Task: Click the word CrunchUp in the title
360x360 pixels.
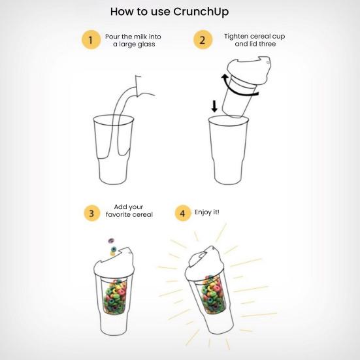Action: tap(201, 12)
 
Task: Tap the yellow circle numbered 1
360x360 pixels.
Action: tap(91, 40)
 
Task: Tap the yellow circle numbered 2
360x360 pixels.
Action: tap(203, 40)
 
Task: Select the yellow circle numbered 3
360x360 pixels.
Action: tap(92, 213)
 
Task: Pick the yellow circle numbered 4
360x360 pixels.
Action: tap(183, 213)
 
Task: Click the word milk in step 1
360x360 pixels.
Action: tap(140, 37)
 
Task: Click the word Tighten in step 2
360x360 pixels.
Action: tap(236, 37)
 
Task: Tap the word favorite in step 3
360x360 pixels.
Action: tap(118, 214)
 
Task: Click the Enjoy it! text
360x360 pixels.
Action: tap(207, 212)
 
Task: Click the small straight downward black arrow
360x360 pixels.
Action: tap(214, 106)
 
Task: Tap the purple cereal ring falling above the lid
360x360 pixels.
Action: tap(111, 240)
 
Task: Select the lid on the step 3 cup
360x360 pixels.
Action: tap(114, 262)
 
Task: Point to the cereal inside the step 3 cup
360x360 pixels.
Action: tap(115, 297)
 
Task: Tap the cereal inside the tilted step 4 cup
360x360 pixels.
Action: tap(212, 294)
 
